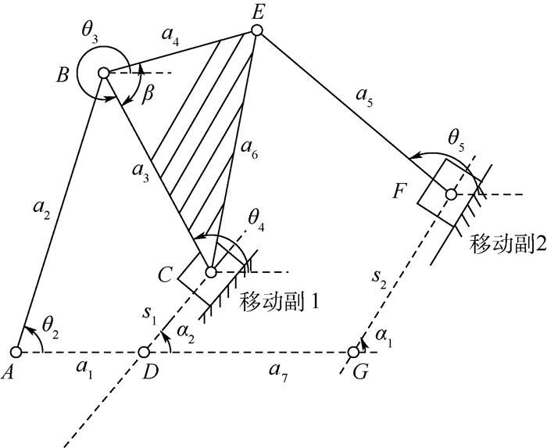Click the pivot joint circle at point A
tap(16, 353)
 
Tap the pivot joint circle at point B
tap(104, 73)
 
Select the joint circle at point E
tap(256, 30)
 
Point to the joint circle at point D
tap(143, 353)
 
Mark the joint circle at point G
tap(353, 353)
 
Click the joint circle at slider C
tap(211, 272)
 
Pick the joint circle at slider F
tap(451, 194)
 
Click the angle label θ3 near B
tap(90, 33)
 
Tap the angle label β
tap(148, 95)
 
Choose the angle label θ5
tap(456, 141)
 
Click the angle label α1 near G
tap(384, 337)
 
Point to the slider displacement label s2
tap(379, 279)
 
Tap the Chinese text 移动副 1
tap(279, 302)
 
